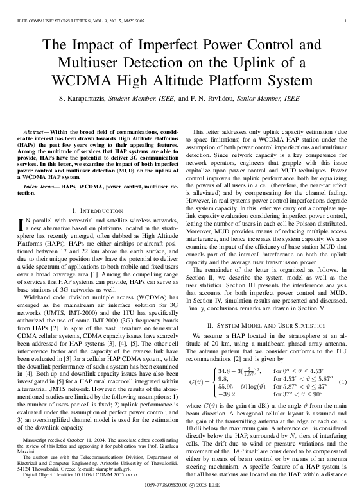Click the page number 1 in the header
(346, 22)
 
